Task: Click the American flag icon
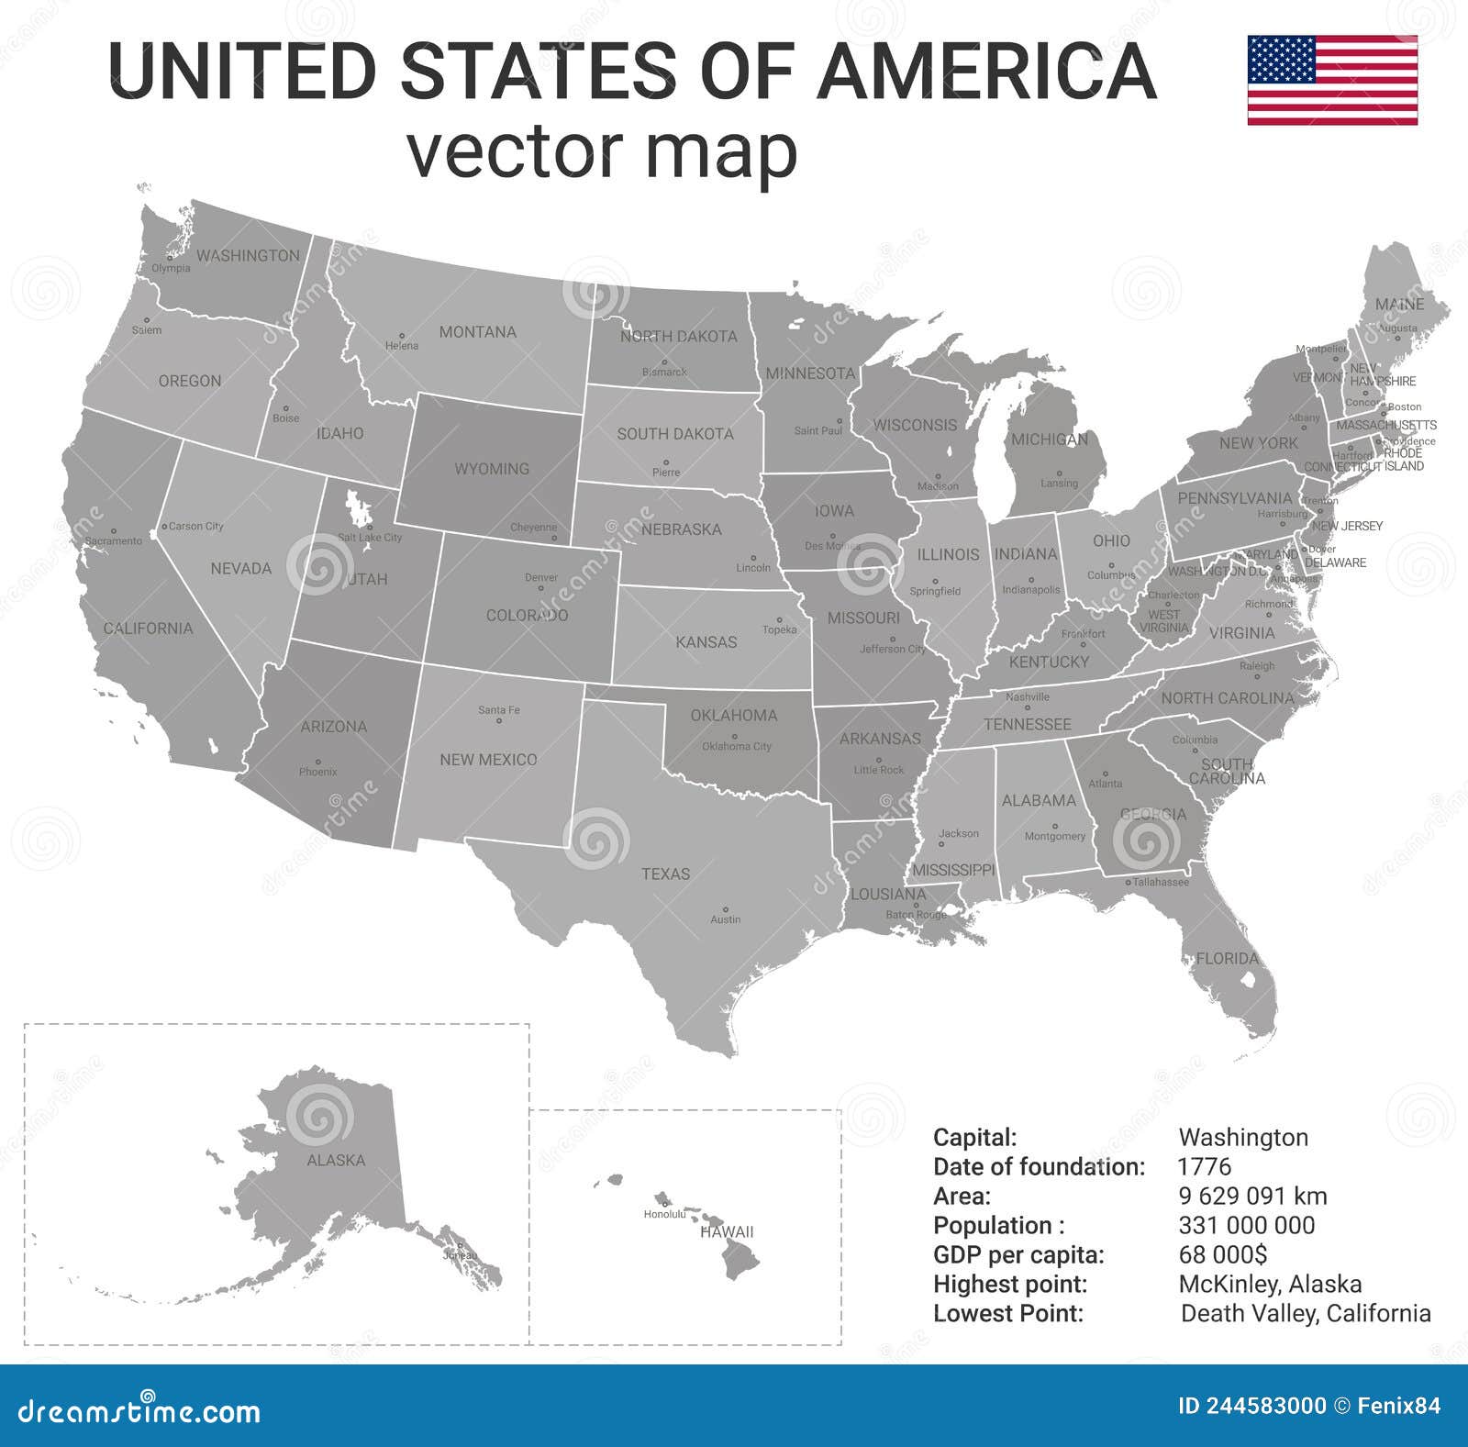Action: [x=1332, y=80]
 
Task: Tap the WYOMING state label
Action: [x=492, y=469]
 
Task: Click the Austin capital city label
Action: [x=725, y=919]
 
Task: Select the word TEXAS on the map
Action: [x=665, y=874]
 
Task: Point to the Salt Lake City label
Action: [x=370, y=538]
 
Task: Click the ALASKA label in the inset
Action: [x=336, y=1161]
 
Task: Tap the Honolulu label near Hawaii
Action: [x=664, y=1214]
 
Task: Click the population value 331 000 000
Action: [x=1246, y=1225]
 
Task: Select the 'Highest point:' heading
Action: [x=1009, y=1284]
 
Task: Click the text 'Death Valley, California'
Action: [x=1305, y=1313]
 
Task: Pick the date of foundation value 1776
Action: [x=1204, y=1166]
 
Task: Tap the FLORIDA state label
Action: [x=1227, y=958]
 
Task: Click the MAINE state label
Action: [x=1399, y=304]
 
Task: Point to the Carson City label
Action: [x=196, y=527]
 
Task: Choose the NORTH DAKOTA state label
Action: [x=678, y=337]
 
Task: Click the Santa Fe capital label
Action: [x=498, y=710]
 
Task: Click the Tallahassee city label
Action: [x=1160, y=882]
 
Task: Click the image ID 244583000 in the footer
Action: [x=1251, y=1406]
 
